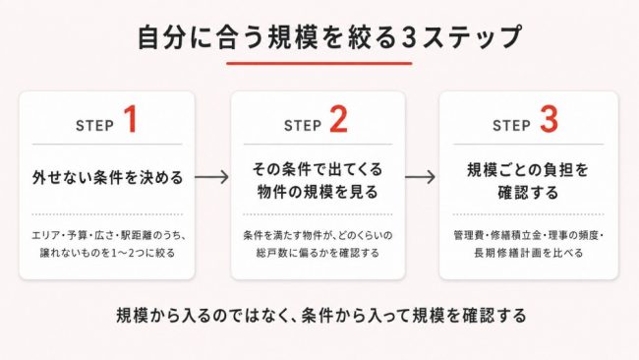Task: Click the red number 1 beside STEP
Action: [131, 119]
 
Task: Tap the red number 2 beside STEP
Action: [338, 119]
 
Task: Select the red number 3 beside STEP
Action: [549, 119]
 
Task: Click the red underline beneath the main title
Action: [319, 63]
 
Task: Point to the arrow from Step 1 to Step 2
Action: [211, 177]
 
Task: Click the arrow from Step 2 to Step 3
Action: [420, 177]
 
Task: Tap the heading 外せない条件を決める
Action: [107, 178]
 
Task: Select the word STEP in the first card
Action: [94, 126]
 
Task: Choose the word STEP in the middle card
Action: [303, 126]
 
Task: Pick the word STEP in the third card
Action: [511, 126]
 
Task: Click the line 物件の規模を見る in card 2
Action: [318, 192]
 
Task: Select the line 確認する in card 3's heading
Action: [528, 193]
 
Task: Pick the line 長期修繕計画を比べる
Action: [529, 253]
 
